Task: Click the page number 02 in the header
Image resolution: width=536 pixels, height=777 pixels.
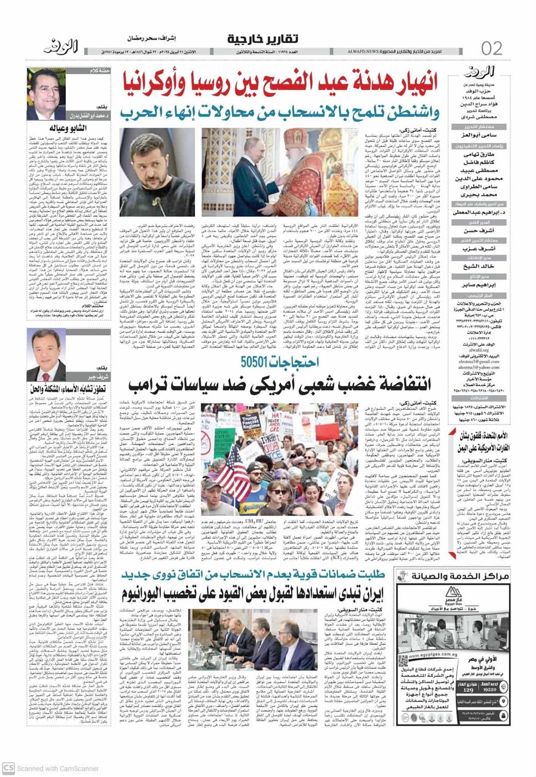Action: (492, 48)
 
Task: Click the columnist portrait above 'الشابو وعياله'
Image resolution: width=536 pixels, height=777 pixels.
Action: (46, 94)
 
